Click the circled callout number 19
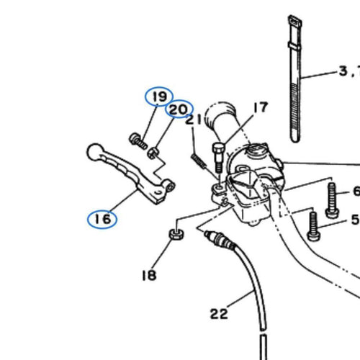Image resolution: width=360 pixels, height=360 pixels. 160,96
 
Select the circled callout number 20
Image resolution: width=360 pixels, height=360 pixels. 179,109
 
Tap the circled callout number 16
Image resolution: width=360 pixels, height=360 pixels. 103,219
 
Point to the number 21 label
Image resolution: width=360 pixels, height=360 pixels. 194,120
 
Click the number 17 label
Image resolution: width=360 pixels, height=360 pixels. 261,107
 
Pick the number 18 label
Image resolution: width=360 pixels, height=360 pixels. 149,275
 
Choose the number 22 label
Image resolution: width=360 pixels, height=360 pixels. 219,314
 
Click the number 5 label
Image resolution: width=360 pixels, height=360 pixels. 356,220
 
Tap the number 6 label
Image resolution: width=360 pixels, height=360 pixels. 356,191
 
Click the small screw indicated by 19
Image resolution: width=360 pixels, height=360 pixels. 138,141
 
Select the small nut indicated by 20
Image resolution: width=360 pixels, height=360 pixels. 153,153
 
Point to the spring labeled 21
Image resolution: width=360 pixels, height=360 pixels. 199,161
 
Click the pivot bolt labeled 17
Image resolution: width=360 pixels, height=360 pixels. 218,157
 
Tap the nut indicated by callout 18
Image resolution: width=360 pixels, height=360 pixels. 177,234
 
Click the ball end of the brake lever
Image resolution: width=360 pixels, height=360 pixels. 95,152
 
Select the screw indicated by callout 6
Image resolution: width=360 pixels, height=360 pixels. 332,200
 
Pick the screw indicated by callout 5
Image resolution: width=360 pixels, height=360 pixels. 313,226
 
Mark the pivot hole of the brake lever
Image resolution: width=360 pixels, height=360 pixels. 171,186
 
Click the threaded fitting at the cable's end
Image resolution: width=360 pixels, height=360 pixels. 220,239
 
